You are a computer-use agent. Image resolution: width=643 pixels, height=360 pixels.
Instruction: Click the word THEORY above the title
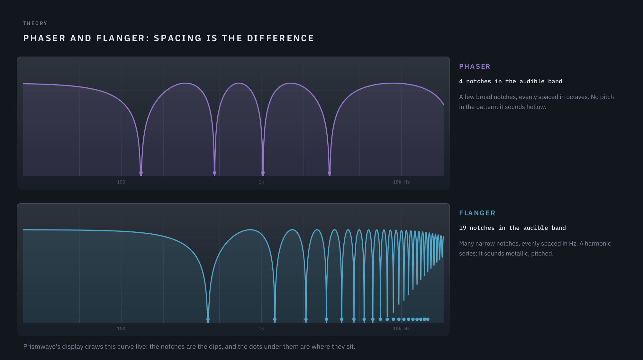pos(35,23)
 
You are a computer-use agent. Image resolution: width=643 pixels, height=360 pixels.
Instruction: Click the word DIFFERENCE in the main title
pos(280,38)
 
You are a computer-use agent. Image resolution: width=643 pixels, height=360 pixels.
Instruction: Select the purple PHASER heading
pos(475,67)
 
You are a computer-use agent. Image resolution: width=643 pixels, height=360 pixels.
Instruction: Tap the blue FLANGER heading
pos(477,213)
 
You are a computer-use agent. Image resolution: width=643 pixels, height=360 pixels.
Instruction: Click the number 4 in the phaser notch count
pos(461,81)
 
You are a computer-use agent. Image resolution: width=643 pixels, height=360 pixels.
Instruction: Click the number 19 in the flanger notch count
pos(463,228)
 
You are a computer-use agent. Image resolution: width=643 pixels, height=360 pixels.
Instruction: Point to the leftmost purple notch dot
pos(141,173)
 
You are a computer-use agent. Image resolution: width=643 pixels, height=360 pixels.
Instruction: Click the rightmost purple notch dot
pos(330,173)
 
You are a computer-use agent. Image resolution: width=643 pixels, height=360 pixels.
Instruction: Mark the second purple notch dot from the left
pos(214,173)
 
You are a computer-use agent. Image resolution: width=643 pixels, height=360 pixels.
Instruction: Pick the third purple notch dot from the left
pos(263,173)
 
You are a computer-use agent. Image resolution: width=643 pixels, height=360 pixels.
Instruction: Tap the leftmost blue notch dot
pos(208,319)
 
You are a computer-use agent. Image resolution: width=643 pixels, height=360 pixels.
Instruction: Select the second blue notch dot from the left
pos(275,319)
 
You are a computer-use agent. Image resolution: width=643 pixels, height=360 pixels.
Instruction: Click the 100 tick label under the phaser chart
pos(121,182)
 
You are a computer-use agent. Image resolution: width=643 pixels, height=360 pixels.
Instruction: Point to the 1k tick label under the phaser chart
pos(261,182)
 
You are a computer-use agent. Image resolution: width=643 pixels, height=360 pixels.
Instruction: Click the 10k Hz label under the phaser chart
pos(401,182)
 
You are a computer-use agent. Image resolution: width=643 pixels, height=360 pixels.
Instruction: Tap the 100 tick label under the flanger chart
pos(121,328)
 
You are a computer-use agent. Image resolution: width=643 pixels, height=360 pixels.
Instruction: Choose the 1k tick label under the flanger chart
pos(261,328)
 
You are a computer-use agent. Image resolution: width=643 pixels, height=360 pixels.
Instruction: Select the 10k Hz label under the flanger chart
pos(401,328)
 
